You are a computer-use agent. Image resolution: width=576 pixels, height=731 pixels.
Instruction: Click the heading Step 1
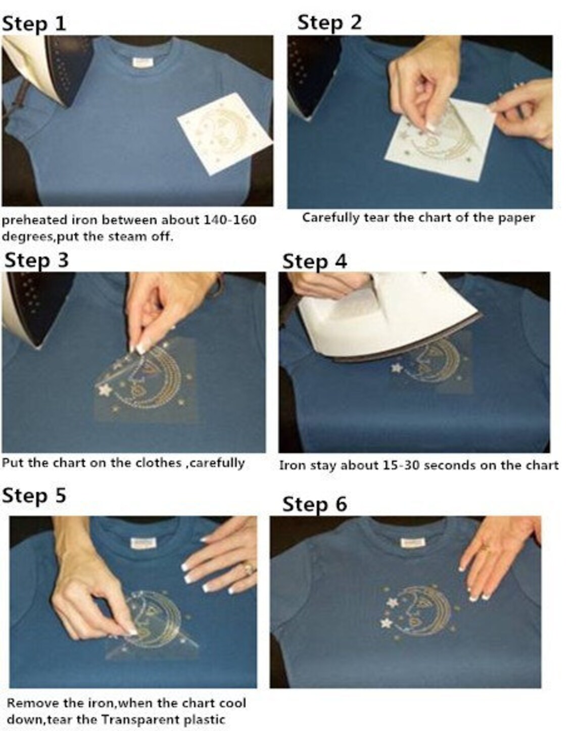pos(33,24)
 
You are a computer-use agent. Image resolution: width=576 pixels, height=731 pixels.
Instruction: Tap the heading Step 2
pos(329,23)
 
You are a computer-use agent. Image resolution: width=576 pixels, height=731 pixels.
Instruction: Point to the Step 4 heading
pos(314,262)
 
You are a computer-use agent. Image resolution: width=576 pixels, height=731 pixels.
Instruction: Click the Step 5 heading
pos(34,497)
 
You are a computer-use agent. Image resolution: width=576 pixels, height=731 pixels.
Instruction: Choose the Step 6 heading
pos(314,505)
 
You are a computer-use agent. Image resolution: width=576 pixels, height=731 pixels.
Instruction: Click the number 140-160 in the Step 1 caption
pos(229,220)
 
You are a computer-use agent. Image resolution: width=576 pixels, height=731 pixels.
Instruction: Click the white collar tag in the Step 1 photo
pos(140,63)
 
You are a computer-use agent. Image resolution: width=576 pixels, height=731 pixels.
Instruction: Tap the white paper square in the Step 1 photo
pos(225,133)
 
